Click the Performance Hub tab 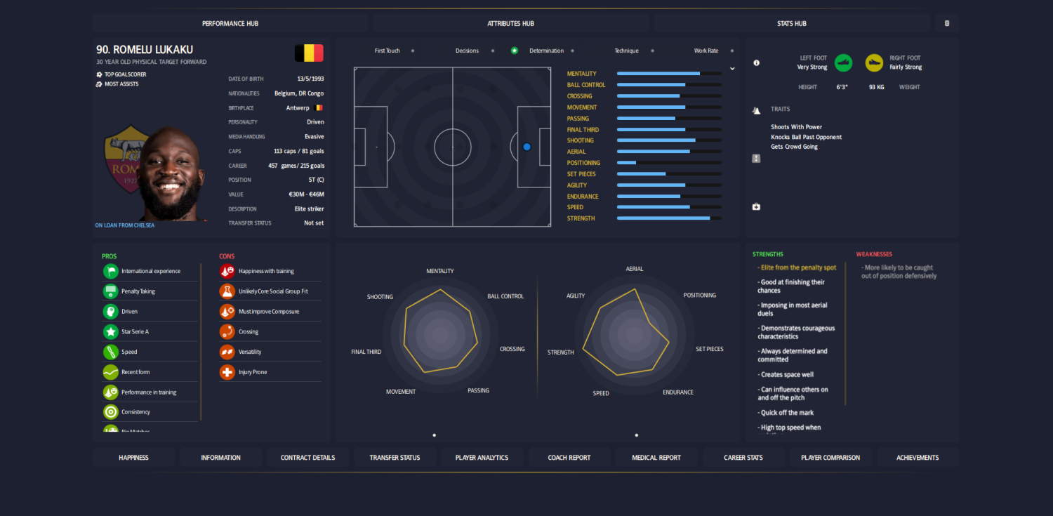coord(230,23)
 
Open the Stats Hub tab coord(791,23)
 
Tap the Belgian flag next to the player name coord(309,53)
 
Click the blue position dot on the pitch coord(526,147)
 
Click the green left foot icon coord(843,62)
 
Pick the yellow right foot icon coord(874,62)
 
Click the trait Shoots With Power coord(796,127)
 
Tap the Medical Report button coord(656,458)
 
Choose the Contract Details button coord(307,458)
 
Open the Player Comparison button coord(830,458)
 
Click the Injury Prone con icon coord(227,372)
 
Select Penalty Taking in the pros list coord(138,291)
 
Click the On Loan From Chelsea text coord(125,225)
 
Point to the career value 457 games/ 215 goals coord(296,166)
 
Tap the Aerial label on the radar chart coord(634,269)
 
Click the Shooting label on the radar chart coord(380,297)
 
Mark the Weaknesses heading coord(874,254)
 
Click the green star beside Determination coord(515,51)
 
